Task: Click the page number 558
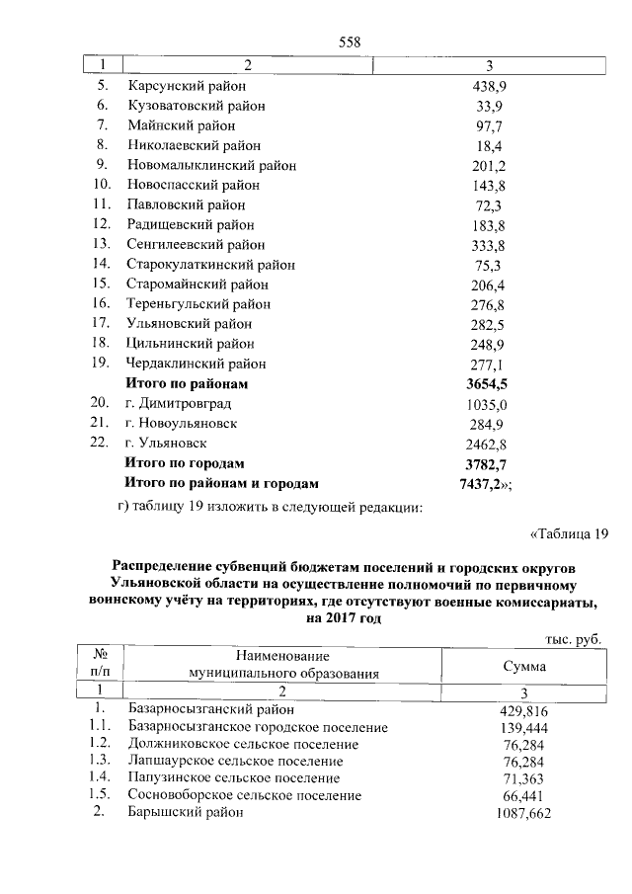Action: [350, 41]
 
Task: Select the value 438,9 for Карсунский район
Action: [489, 86]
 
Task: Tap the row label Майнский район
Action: [181, 125]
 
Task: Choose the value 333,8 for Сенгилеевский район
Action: [489, 245]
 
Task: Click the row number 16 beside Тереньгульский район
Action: [100, 304]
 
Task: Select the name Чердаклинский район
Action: [197, 364]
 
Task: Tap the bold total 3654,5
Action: [489, 383]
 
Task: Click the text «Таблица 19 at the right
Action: [566, 535]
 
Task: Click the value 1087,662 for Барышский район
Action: [522, 813]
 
